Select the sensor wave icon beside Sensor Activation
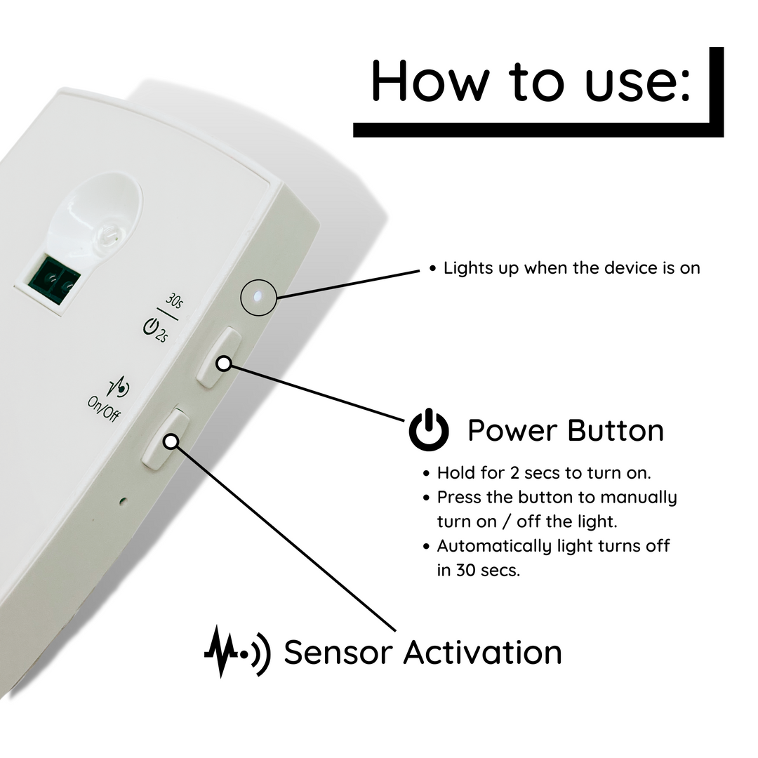coord(237,651)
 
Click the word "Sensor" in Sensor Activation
coord(337,652)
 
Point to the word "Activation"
coord(482,652)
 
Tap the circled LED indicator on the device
coord(258,297)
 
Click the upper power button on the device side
coord(219,357)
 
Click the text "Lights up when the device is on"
coord(571,268)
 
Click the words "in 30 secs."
coord(478,570)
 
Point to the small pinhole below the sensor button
coord(124,501)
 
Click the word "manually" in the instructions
coord(641,498)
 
